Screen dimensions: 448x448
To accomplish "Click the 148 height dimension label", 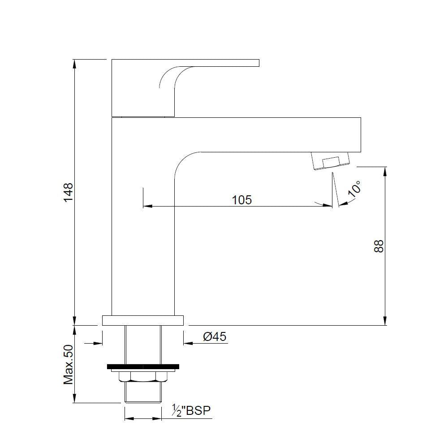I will (68, 192).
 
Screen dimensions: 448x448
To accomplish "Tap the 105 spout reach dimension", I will (242, 200).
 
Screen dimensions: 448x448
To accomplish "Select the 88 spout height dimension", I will (379, 246).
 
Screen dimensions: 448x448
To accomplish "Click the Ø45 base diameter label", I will (214, 336).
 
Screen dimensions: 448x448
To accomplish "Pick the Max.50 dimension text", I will (68, 364).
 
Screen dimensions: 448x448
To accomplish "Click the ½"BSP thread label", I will (191, 410).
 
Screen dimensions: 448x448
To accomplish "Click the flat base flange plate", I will (143, 320).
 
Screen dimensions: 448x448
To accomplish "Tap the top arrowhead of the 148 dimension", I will (75, 63).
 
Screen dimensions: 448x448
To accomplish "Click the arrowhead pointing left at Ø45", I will (187, 344).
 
